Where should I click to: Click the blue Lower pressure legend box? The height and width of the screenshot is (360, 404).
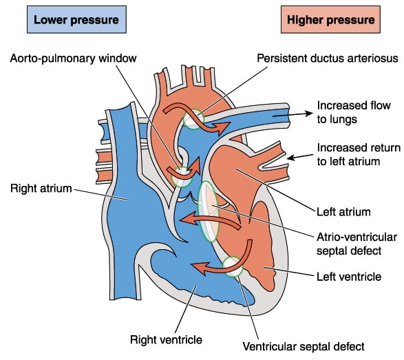coord(76,19)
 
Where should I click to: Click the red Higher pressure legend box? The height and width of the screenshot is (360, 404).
coord(330,19)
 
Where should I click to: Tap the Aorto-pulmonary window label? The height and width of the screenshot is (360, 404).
coord(73,59)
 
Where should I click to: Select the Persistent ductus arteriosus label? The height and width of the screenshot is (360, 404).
coord(328,59)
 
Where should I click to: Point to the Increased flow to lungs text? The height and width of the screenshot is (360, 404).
coord(354,112)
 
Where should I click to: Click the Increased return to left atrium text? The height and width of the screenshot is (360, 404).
coord(359,155)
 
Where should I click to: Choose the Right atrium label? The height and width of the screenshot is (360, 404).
coord(41,189)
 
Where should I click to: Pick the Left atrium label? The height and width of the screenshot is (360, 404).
coord(343,212)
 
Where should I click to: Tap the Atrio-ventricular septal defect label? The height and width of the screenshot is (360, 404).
coord(357,244)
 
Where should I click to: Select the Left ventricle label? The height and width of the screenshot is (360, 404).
coord(349,277)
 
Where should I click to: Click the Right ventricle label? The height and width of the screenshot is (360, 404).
coord(166,339)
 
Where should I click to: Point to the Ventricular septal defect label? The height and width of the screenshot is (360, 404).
coord(304,347)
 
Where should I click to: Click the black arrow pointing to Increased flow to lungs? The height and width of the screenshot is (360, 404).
coord(293,115)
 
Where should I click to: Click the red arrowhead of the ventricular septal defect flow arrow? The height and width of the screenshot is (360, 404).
coord(200,268)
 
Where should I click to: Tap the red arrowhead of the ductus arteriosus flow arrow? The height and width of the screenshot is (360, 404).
coord(222,127)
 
